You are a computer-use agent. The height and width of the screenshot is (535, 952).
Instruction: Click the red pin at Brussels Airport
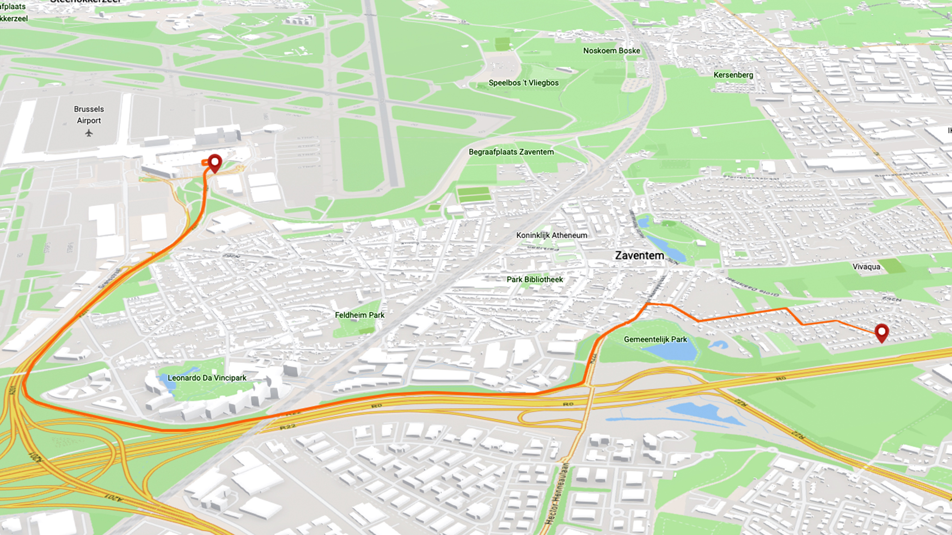(215, 162)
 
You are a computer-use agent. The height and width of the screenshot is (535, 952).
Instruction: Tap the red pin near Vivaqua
(882, 332)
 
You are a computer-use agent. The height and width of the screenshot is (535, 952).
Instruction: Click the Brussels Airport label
(89, 115)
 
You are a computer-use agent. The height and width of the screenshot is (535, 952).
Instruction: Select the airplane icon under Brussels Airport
(89, 133)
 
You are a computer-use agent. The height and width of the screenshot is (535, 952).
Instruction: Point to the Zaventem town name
(639, 255)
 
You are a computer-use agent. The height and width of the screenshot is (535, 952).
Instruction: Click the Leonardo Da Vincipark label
(207, 378)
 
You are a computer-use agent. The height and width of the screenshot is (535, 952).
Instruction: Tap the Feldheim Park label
(360, 315)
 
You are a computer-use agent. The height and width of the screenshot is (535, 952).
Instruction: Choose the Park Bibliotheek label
(534, 280)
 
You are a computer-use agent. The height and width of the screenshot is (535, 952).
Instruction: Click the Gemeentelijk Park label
(655, 339)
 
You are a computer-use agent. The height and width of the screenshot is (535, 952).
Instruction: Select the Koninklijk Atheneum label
(551, 235)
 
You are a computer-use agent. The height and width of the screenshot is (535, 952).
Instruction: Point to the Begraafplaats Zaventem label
(511, 152)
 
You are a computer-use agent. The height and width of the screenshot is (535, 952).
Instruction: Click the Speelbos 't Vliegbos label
(523, 83)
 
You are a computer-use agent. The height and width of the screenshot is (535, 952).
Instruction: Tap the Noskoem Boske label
(611, 51)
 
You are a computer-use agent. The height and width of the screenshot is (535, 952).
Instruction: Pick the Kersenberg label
(733, 75)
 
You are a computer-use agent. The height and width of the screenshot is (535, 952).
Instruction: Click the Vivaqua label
(866, 267)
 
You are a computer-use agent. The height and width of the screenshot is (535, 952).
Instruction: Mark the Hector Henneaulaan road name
(556, 493)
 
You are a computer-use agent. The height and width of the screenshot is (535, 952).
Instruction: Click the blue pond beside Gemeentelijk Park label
(671, 351)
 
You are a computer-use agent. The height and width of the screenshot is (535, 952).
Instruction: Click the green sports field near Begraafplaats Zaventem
(474, 194)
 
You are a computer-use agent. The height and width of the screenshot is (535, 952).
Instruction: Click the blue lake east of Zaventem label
(667, 247)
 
